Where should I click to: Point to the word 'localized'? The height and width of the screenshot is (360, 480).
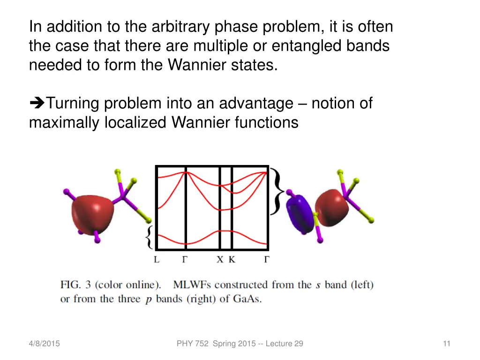[x=136, y=122]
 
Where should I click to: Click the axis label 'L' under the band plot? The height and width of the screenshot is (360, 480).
[x=157, y=260]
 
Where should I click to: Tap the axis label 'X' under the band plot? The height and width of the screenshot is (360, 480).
[x=220, y=260]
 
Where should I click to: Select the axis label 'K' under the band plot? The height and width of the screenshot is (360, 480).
[x=232, y=260]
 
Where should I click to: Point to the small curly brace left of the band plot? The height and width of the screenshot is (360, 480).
[x=149, y=237]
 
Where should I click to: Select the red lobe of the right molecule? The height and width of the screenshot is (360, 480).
[x=331, y=206]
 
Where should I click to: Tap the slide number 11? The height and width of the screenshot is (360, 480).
[x=446, y=344]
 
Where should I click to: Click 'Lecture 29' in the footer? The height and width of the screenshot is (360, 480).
[x=285, y=344]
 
